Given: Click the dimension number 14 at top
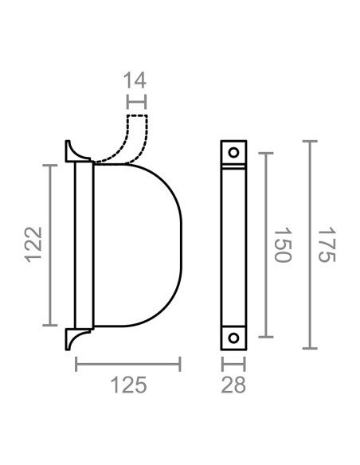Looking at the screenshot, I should click(136, 80).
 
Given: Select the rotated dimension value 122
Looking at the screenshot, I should click(31, 245).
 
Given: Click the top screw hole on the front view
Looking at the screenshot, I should click(233, 151).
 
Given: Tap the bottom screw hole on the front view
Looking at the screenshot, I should click(233, 337).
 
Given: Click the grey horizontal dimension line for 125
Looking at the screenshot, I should click(127, 365).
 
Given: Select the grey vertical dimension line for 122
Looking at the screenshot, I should click(53, 245).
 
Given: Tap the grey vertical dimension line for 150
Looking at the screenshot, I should click(264, 245).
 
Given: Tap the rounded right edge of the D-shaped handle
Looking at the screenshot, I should click(180, 245).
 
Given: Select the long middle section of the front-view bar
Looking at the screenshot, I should click(233, 245).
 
